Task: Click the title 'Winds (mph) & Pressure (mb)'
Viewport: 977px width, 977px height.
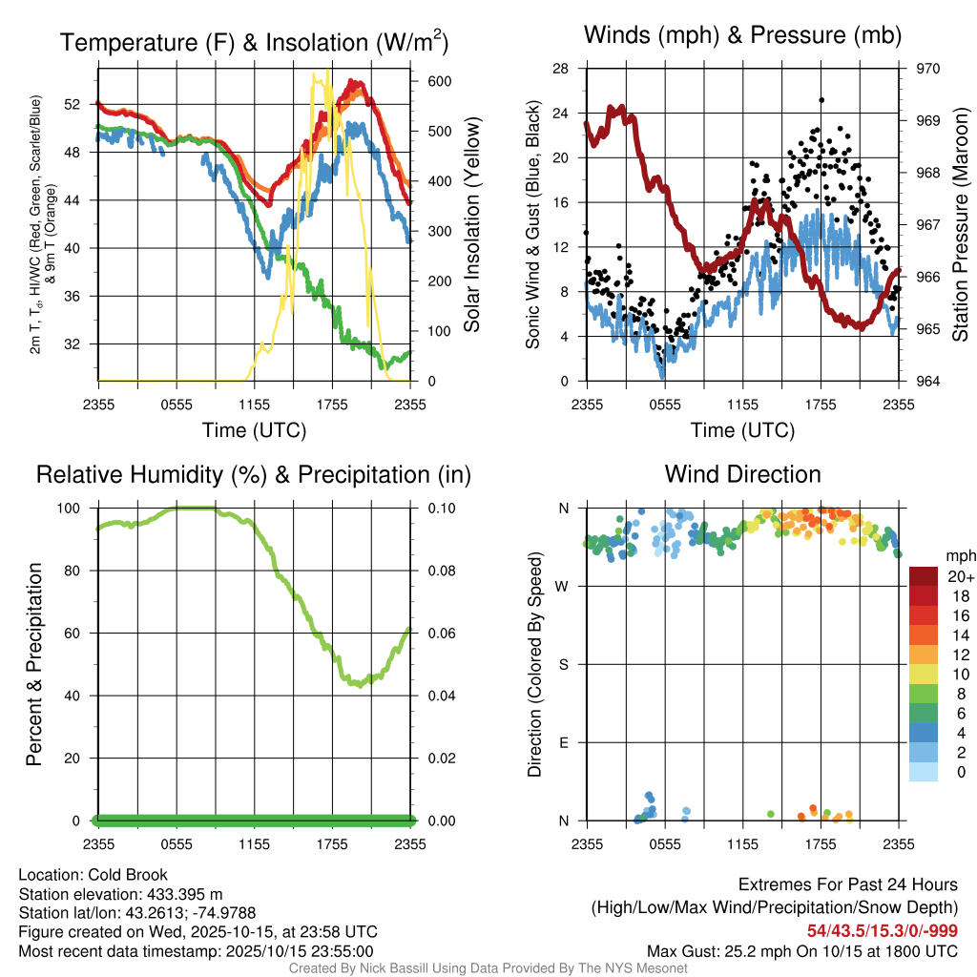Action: (x=742, y=36)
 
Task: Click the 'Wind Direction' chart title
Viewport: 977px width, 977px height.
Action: (x=742, y=474)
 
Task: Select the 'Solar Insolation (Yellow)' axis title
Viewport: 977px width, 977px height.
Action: (x=471, y=225)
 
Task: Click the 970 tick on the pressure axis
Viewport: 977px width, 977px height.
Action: (x=928, y=69)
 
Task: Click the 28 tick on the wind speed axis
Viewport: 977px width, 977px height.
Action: (x=561, y=69)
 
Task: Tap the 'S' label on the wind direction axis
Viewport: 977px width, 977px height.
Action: (x=563, y=664)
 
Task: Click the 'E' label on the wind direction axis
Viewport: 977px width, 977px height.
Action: (x=563, y=742)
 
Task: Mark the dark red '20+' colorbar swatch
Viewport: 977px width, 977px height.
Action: (x=923, y=576)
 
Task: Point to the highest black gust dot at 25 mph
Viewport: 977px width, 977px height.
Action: (x=821, y=99)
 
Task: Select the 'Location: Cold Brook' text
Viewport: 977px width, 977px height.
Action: (x=93, y=875)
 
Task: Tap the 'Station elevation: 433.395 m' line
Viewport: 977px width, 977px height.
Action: (x=120, y=894)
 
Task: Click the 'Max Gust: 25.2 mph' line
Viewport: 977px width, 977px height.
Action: (x=802, y=950)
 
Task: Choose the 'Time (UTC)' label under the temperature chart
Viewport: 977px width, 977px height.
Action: (x=254, y=430)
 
